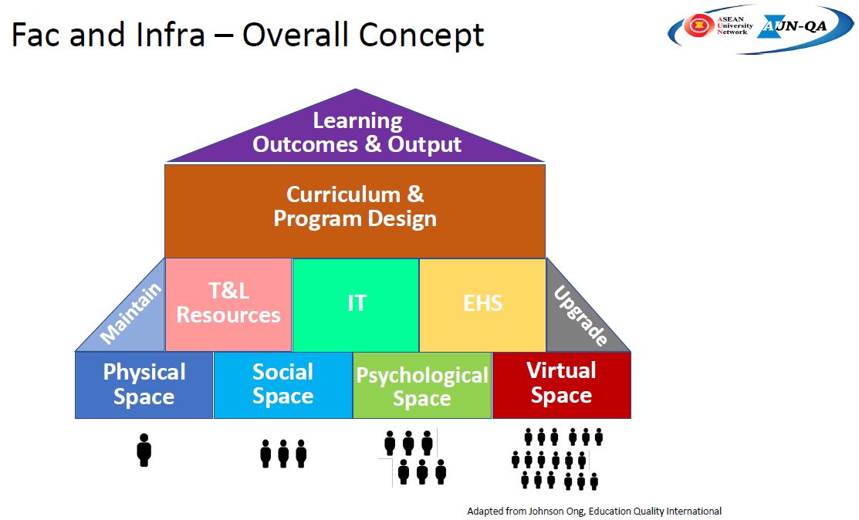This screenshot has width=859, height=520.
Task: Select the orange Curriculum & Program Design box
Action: tap(355, 211)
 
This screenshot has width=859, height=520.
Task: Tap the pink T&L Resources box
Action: tap(228, 304)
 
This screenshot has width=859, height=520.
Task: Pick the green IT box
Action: tap(356, 304)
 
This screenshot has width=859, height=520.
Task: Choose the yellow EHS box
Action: tap(482, 304)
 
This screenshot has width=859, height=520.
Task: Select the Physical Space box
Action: tap(144, 385)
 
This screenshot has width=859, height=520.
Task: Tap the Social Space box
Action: tap(282, 385)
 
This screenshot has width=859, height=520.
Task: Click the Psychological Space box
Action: tap(422, 385)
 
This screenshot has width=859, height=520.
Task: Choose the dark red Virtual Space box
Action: tap(562, 385)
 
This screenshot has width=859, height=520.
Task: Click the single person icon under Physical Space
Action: tap(144, 450)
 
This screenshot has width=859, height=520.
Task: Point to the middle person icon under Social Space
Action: tap(283, 453)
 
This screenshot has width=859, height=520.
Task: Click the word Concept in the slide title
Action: tap(421, 35)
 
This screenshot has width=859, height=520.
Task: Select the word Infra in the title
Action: tap(171, 34)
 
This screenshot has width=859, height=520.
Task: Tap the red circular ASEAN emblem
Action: tap(698, 25)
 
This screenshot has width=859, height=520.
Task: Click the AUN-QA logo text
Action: tap(794, 25)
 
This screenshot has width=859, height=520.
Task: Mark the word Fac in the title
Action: tap(37, 34)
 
